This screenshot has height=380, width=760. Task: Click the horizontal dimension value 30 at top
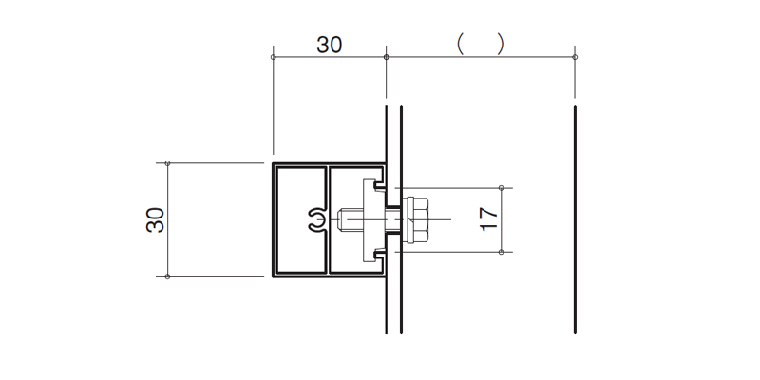pos(329,45)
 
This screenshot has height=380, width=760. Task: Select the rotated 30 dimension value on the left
pos(156,220)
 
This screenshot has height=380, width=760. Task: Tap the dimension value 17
pos(489,219)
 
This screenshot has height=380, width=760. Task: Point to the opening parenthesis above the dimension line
pos(461,44)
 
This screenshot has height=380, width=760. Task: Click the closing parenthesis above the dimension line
pos(501,44)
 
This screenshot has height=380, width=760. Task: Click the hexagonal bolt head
pos(416,219)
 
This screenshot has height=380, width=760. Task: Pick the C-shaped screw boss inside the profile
pos(317,221)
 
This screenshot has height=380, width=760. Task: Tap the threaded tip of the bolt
pos(342,220)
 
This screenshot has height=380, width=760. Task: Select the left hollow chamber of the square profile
pos(300,220)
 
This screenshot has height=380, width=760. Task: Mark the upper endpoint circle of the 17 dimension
pos(502,188)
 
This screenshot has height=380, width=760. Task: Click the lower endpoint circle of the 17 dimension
pos(502,252)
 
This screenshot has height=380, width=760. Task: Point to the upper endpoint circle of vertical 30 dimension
pos(168,163)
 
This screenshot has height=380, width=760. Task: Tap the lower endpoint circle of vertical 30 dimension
pos(168,276)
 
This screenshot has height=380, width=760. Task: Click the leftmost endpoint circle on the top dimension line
pos(274,57)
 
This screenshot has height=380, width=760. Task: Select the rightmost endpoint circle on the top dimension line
pos(575,57)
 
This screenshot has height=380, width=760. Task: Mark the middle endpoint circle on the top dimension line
pos(387,57)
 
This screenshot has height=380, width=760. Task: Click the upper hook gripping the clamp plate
pos(378,185)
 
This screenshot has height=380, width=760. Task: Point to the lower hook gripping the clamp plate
pos(378,255)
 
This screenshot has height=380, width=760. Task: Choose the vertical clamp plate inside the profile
pos(370,220)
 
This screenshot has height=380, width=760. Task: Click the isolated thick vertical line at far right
pos(575,220)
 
